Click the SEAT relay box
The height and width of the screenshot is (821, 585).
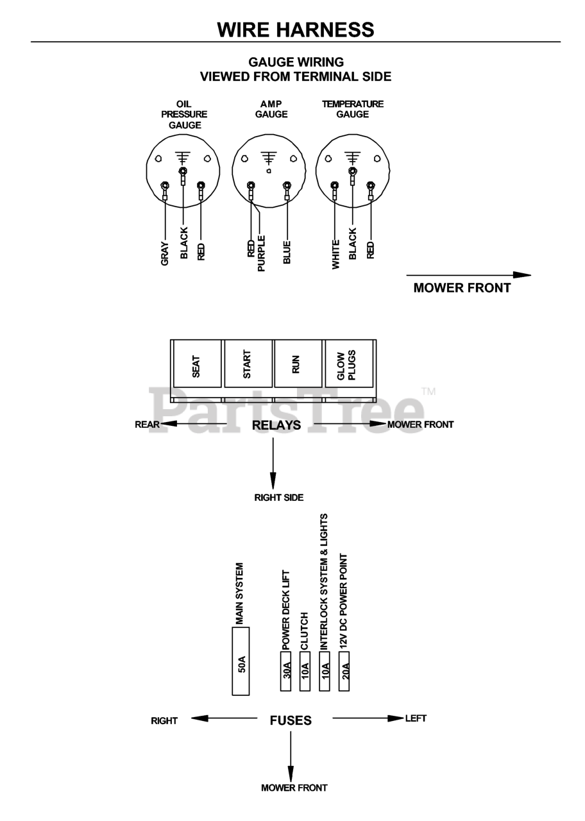[x=197, y=363]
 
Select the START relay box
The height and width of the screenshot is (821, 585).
[x=248, y=363]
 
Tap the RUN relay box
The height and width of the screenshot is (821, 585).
[x=298, y=363]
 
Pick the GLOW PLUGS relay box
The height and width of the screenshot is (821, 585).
[x=349, y=363]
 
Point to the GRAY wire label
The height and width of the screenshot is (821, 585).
[x=165, y=253]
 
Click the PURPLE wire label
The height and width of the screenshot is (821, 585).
[x=261, y=253]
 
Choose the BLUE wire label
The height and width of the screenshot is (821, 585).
[x=287, y=252]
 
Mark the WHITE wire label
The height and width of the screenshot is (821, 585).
[x=335, y=255]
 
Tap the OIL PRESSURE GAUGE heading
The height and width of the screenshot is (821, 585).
[x=184, y=115]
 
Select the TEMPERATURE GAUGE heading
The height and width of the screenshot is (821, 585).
[x=353, y=109]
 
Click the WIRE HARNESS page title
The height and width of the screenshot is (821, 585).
[x=296, y=30]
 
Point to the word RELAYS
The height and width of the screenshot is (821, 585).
[x=276, y=425]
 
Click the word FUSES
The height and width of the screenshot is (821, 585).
[x=291, y=720]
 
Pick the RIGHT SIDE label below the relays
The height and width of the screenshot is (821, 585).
[x=279, y=498]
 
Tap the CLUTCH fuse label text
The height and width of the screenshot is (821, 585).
[x=305, y=631]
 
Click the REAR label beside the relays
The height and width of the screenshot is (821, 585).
[x=148, y=425]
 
